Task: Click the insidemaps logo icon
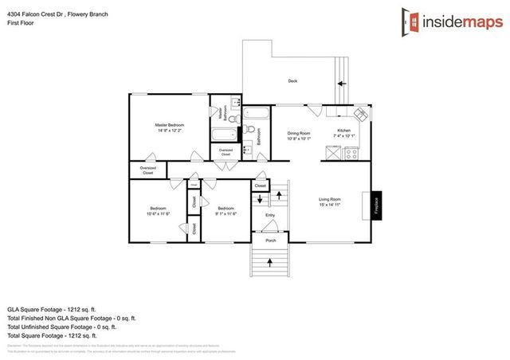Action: [411, 21]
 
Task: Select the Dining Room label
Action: [299, 136]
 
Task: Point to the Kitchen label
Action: [343, 134]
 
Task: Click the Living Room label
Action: [330, 202]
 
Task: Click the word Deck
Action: [292, 81]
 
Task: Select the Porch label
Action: [270, 239]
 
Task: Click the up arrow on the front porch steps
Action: [270, 260]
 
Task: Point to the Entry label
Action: [270, 215]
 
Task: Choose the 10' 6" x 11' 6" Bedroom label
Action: [158, 211]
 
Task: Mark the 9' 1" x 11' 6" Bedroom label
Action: [226, 211]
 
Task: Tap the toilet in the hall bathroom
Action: [250, 131]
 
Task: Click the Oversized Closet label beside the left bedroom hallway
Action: [148, 170]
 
